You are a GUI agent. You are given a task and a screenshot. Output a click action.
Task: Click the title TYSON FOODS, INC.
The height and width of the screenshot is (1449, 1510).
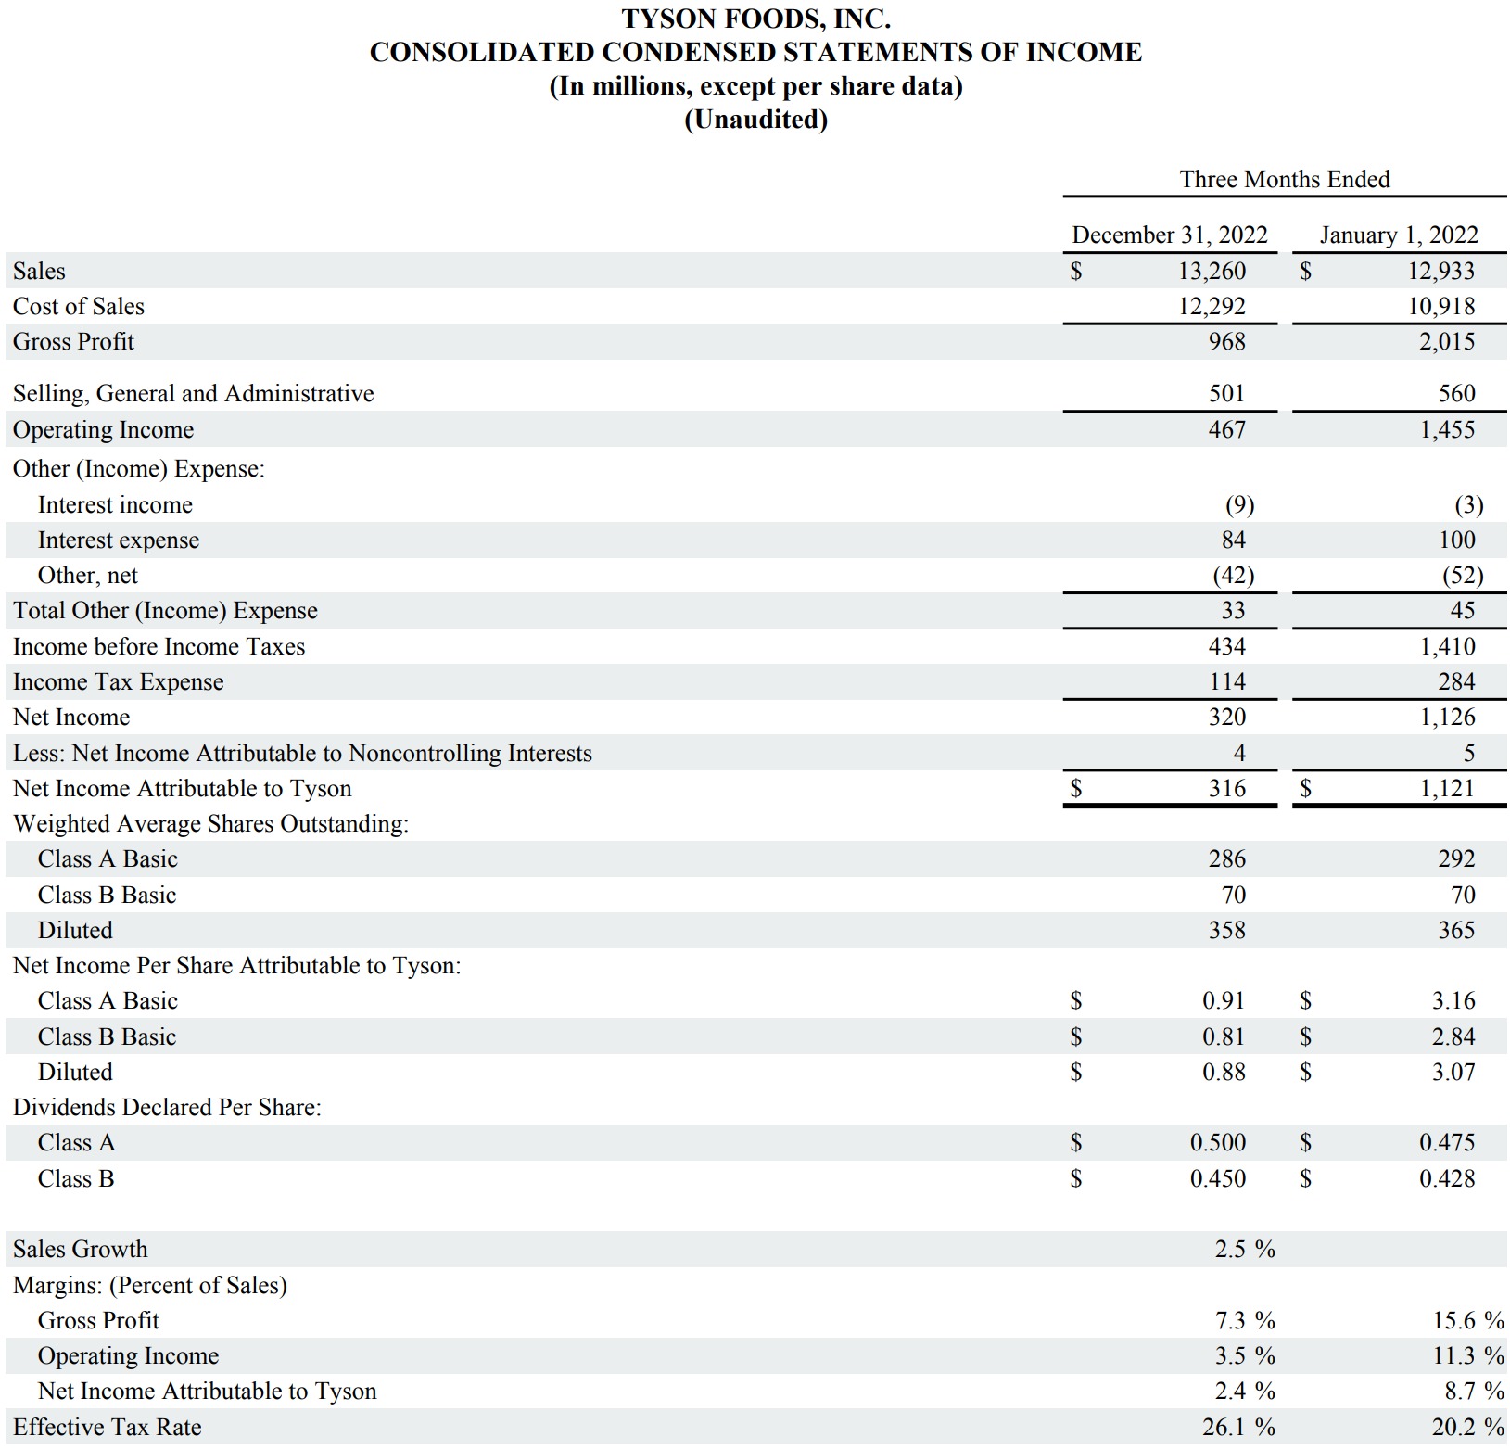click(x=755, y=19)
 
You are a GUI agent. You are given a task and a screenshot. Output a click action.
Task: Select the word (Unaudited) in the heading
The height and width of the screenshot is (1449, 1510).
click(x=755, y=120)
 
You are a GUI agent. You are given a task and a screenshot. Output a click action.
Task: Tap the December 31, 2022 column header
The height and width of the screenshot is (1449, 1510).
click(x=1169, y=235)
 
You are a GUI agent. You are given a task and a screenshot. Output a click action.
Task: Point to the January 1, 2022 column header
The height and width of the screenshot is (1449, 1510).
click(x=1398, y=235)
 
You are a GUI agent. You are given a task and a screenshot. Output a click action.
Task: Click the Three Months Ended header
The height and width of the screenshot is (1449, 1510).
click(x=1284, y=179)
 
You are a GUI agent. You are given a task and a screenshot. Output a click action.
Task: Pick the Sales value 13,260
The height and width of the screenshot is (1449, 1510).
click(x=1212, y=271)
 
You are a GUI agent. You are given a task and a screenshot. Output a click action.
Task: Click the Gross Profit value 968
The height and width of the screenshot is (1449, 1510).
click(x=1226, y=341)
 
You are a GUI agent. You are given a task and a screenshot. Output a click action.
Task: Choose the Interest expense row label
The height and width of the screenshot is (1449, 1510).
click(x=118, y=540)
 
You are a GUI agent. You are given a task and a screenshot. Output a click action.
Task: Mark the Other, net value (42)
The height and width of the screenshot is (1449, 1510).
click(x=1233, y=575)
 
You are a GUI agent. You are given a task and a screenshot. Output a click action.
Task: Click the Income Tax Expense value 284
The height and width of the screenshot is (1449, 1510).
click(x=1455, y=681)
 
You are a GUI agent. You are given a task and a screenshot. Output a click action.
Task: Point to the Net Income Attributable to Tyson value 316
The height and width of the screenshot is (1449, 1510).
click(x=1226, y=788)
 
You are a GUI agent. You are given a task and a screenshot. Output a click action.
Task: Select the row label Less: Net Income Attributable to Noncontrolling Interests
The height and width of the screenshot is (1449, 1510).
click(x=302, y=753)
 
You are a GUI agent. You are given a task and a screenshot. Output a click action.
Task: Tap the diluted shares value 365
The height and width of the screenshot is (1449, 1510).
click(x=1455, y=930)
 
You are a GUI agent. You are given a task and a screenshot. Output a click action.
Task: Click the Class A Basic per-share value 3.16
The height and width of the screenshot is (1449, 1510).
click(x=1453, y=1000)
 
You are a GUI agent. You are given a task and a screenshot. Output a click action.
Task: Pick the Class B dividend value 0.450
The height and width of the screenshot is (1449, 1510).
click(x=1217, y=1178)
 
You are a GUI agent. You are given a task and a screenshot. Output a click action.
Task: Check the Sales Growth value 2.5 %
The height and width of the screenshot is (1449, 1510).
click(x=1245, y=1249)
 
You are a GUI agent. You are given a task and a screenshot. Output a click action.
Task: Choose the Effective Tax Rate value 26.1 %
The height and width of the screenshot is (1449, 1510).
click(x=1245, y=1427)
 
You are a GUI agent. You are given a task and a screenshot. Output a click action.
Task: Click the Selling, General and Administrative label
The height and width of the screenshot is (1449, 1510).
click(x=193, y=393)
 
